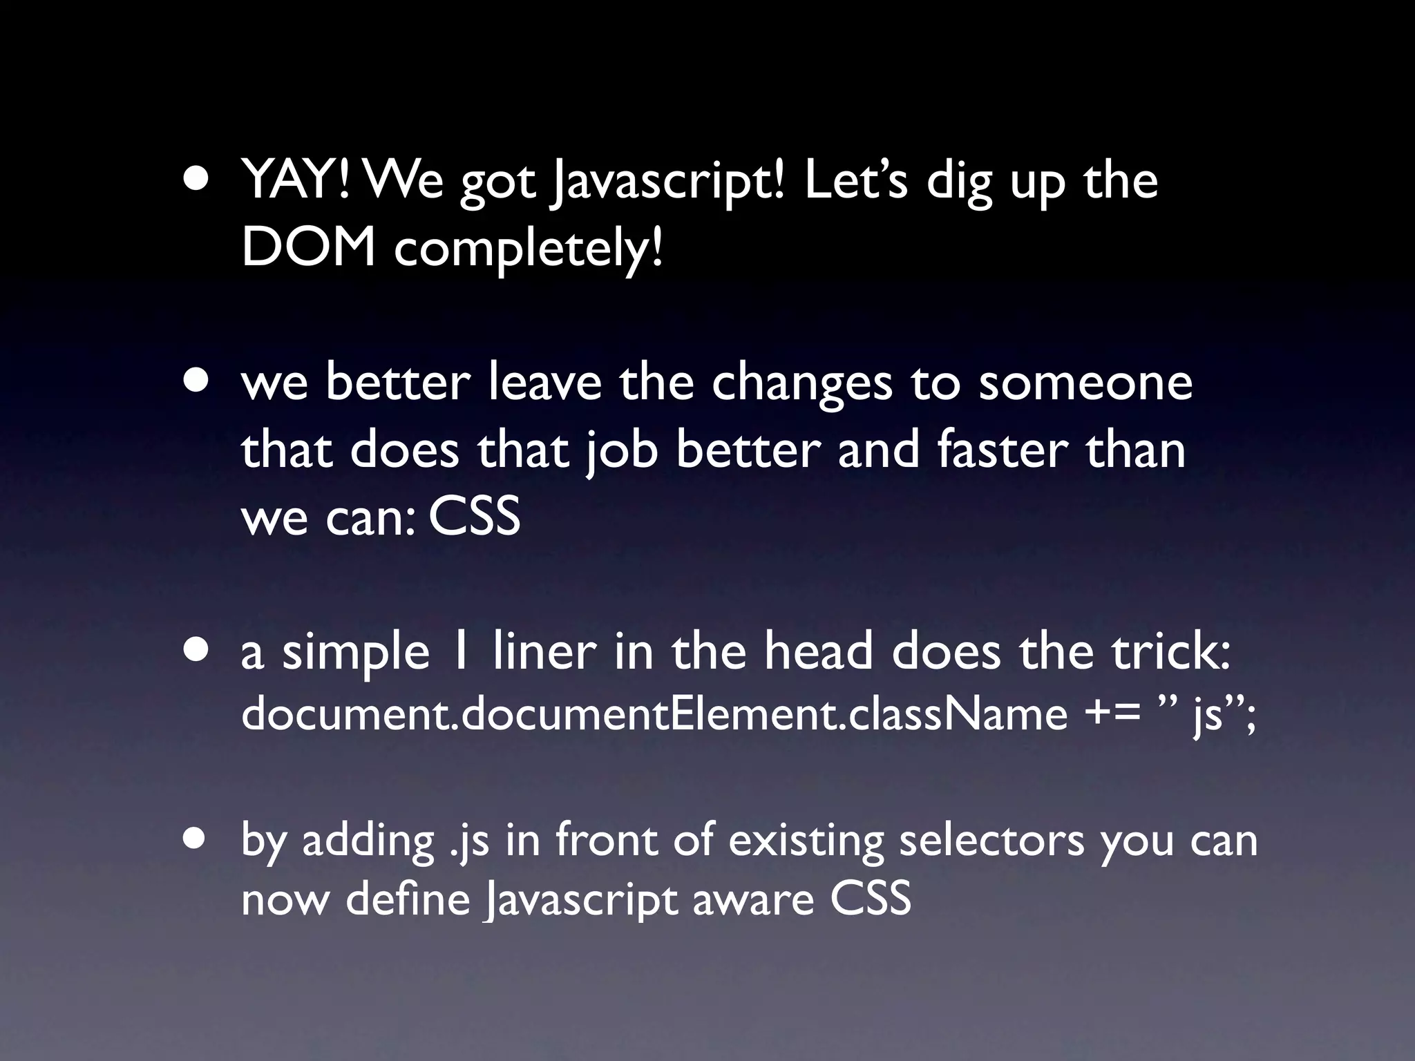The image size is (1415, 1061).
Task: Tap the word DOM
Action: pyautogui.click(x=309, y=247)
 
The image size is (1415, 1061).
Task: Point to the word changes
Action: pyautogui.click(x=802, y=383)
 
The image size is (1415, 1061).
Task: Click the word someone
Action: pyautogui.click(x=1085, y=383)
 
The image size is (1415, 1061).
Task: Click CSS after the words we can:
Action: pyautogui.click(x=474, y=517)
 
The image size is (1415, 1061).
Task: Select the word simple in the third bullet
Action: pyautogui.click(x=356, y=653)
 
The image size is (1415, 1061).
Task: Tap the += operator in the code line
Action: pyautogui.click(x=1113, y=716)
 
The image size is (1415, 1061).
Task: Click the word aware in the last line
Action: pyautogui.click(x=753, y=901)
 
